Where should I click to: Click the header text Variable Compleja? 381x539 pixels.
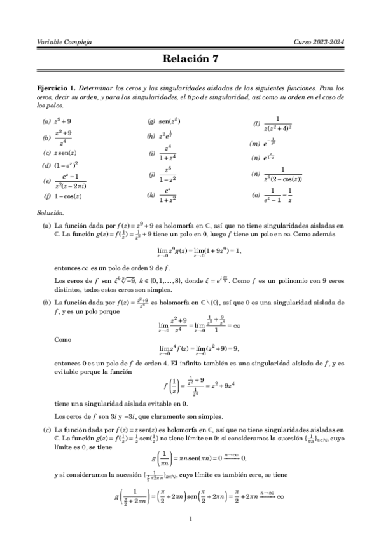click(x=65, y=42)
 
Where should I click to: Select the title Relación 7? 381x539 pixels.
click(x=190, y=60)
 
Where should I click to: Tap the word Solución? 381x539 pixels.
click(x=51, y=214)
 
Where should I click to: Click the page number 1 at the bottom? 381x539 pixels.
click(x=191, y=519)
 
